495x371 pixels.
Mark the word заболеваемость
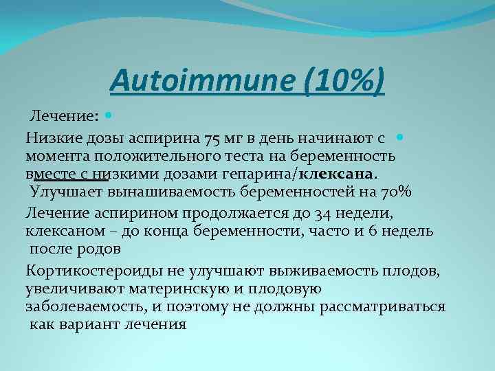(76, 306)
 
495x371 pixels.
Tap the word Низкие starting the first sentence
(50, 140)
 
